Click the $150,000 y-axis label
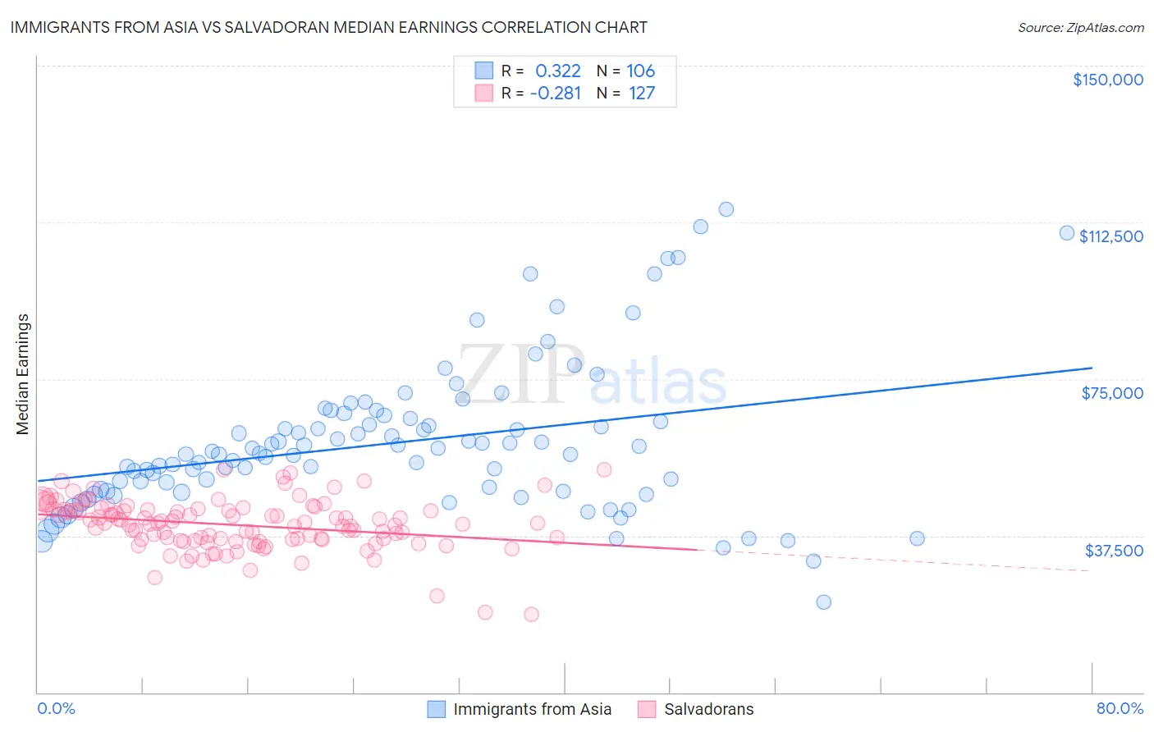click(x=1107, y=80)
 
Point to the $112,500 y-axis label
click(x=1110, y=236)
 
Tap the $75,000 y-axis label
click(x=1112, y=393)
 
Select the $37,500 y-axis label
click(x=1114, y=550)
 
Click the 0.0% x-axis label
click(x=56, y=708)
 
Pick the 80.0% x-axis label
click(x=1120, y=708)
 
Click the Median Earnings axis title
click(x=23, y=374)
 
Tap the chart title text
click(x=328, y=27)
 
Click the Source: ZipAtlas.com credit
click(x=1080, y=27)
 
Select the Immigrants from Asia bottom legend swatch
click(x=437, y=709)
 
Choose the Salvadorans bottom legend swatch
click(x=647, y=709)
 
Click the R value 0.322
click(x=557, y=71)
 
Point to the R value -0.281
click(x=556, y=93)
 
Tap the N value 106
click(x=641, y=71)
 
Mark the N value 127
click(x=642, y=93)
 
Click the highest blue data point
click(x=726, y=209)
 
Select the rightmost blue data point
click(x=1067, y=232)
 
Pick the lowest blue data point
click(x=824, y=602)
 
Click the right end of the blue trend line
click(x=1092, y=368)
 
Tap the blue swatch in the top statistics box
click(x=484, y=71)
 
